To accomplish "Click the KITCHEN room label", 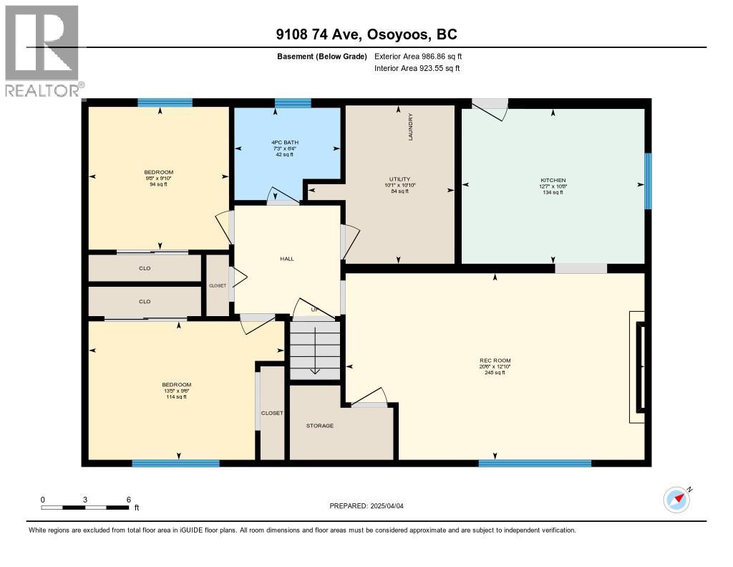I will pos(553,181).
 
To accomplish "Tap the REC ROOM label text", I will pos(495,361).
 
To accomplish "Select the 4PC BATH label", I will pos(284,143).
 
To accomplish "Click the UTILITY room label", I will pos(399,179).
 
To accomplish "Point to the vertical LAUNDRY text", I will pos(411,127).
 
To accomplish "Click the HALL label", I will pos(287,259).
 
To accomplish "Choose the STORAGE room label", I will pos(320,426).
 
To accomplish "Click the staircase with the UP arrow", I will pos(314,347).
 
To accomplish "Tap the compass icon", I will pos(676,499).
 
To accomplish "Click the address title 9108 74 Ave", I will pos(366,34).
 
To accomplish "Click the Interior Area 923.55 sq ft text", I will pos(417,68).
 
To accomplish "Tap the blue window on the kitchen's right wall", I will pos(648,181).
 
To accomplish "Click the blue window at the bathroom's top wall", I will pos(293,103).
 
